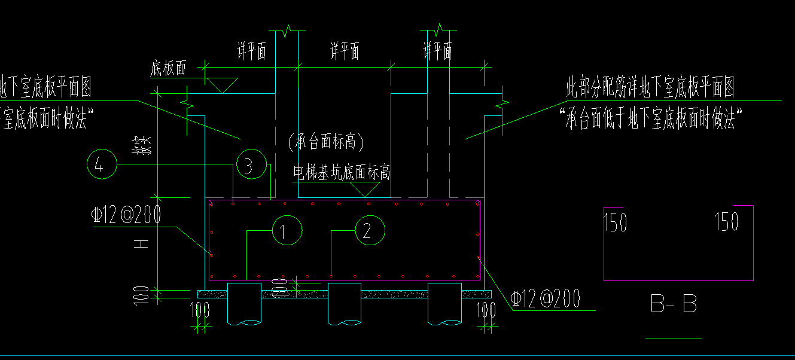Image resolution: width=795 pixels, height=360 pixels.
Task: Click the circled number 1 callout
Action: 287,230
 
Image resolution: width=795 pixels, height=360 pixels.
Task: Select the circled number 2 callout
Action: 370,230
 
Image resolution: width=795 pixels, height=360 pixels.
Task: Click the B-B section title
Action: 674,304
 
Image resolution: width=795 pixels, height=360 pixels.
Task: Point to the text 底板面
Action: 168,69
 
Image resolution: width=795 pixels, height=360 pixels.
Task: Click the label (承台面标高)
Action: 325,142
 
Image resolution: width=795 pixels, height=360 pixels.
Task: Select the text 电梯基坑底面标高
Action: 342,173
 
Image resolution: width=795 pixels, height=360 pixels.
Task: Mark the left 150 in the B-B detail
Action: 616,222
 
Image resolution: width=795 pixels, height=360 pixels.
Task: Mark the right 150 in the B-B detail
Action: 727,222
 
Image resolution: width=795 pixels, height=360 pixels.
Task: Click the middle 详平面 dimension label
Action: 345,52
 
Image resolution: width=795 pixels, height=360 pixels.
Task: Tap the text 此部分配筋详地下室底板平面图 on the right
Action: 650,88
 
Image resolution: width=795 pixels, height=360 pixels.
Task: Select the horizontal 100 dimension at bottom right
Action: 488,310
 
